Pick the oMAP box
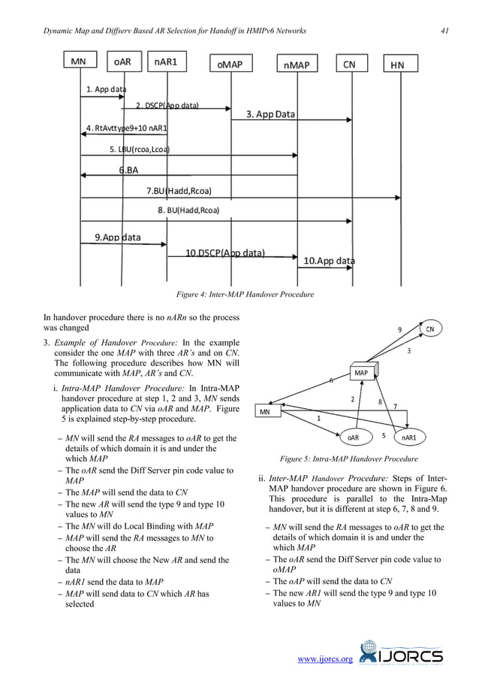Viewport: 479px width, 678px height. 230,65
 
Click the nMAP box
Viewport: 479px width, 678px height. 297,65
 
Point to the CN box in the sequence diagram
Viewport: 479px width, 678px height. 349,65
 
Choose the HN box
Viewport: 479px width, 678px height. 398,65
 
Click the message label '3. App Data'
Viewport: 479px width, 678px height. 271,115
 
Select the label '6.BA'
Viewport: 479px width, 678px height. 129,170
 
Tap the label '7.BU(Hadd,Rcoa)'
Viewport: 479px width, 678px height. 178,190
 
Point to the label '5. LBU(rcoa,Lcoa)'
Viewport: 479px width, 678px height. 139,149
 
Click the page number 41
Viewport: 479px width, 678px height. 444,30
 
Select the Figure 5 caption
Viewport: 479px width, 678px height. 348,459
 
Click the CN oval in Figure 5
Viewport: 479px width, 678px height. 430,329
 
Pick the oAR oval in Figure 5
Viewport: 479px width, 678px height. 354,437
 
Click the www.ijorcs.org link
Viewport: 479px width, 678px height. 325,659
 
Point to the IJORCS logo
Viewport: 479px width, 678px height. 402,654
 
